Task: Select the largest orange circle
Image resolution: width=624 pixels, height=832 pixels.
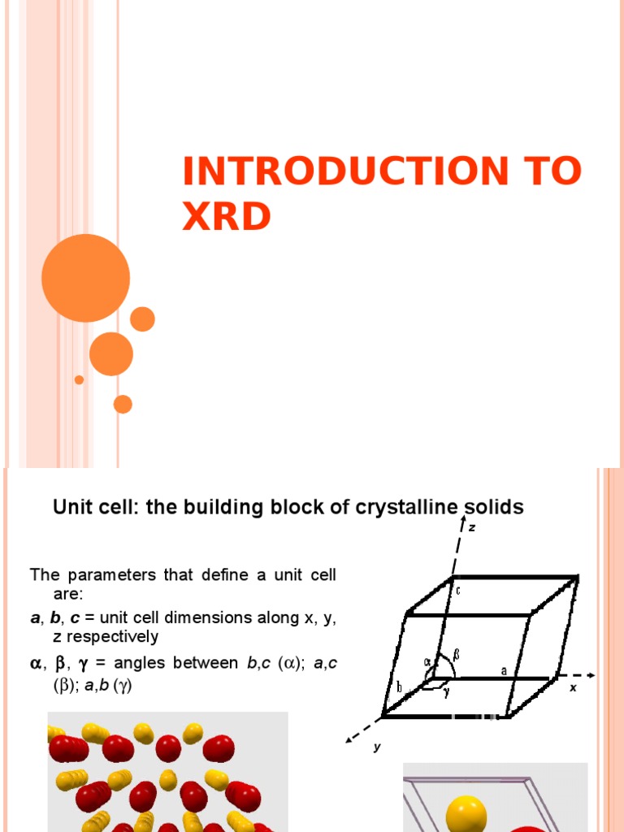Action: pos(85,278)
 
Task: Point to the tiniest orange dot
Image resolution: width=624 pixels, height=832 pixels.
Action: pos(79,379)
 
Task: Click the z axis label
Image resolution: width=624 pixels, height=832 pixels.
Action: pos(472,527)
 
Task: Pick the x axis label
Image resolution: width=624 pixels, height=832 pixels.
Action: pos(573,687)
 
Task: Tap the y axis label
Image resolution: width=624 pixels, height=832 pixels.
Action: pos(377,747)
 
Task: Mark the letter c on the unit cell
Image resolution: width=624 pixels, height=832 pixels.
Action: pos(457,591)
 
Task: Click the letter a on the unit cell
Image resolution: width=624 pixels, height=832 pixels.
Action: pos(505,670)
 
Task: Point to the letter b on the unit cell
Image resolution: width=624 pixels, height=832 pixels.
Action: pos(400,687)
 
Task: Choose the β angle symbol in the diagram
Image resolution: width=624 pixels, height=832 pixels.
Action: pos(456,652)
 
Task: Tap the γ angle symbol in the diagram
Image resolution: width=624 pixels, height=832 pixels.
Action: pos(446,691)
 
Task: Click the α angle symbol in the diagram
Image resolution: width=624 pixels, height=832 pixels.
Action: pos(427,661)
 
